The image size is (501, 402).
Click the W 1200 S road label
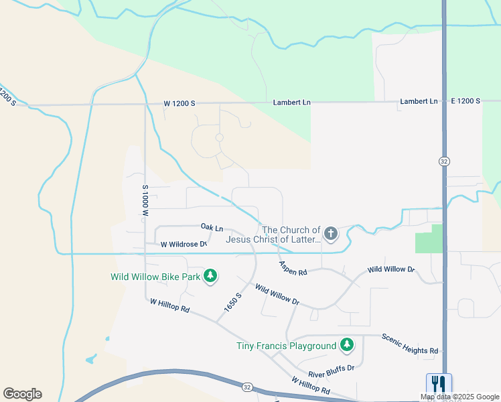179,104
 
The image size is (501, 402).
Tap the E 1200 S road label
466,101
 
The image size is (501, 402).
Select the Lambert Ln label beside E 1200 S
419,101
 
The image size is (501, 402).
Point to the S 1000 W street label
145,200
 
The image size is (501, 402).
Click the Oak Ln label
212,228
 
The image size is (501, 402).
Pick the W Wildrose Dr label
183,245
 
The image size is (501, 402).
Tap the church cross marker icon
330,234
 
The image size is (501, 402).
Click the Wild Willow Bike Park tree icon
210,276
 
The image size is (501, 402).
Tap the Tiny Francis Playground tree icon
346,345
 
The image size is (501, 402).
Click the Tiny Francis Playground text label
286,346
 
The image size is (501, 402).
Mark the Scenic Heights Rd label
409,344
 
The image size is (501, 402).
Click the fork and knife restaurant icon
439,383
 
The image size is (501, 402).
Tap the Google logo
22,394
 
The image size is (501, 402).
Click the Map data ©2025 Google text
459,397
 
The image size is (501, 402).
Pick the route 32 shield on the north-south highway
444,161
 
